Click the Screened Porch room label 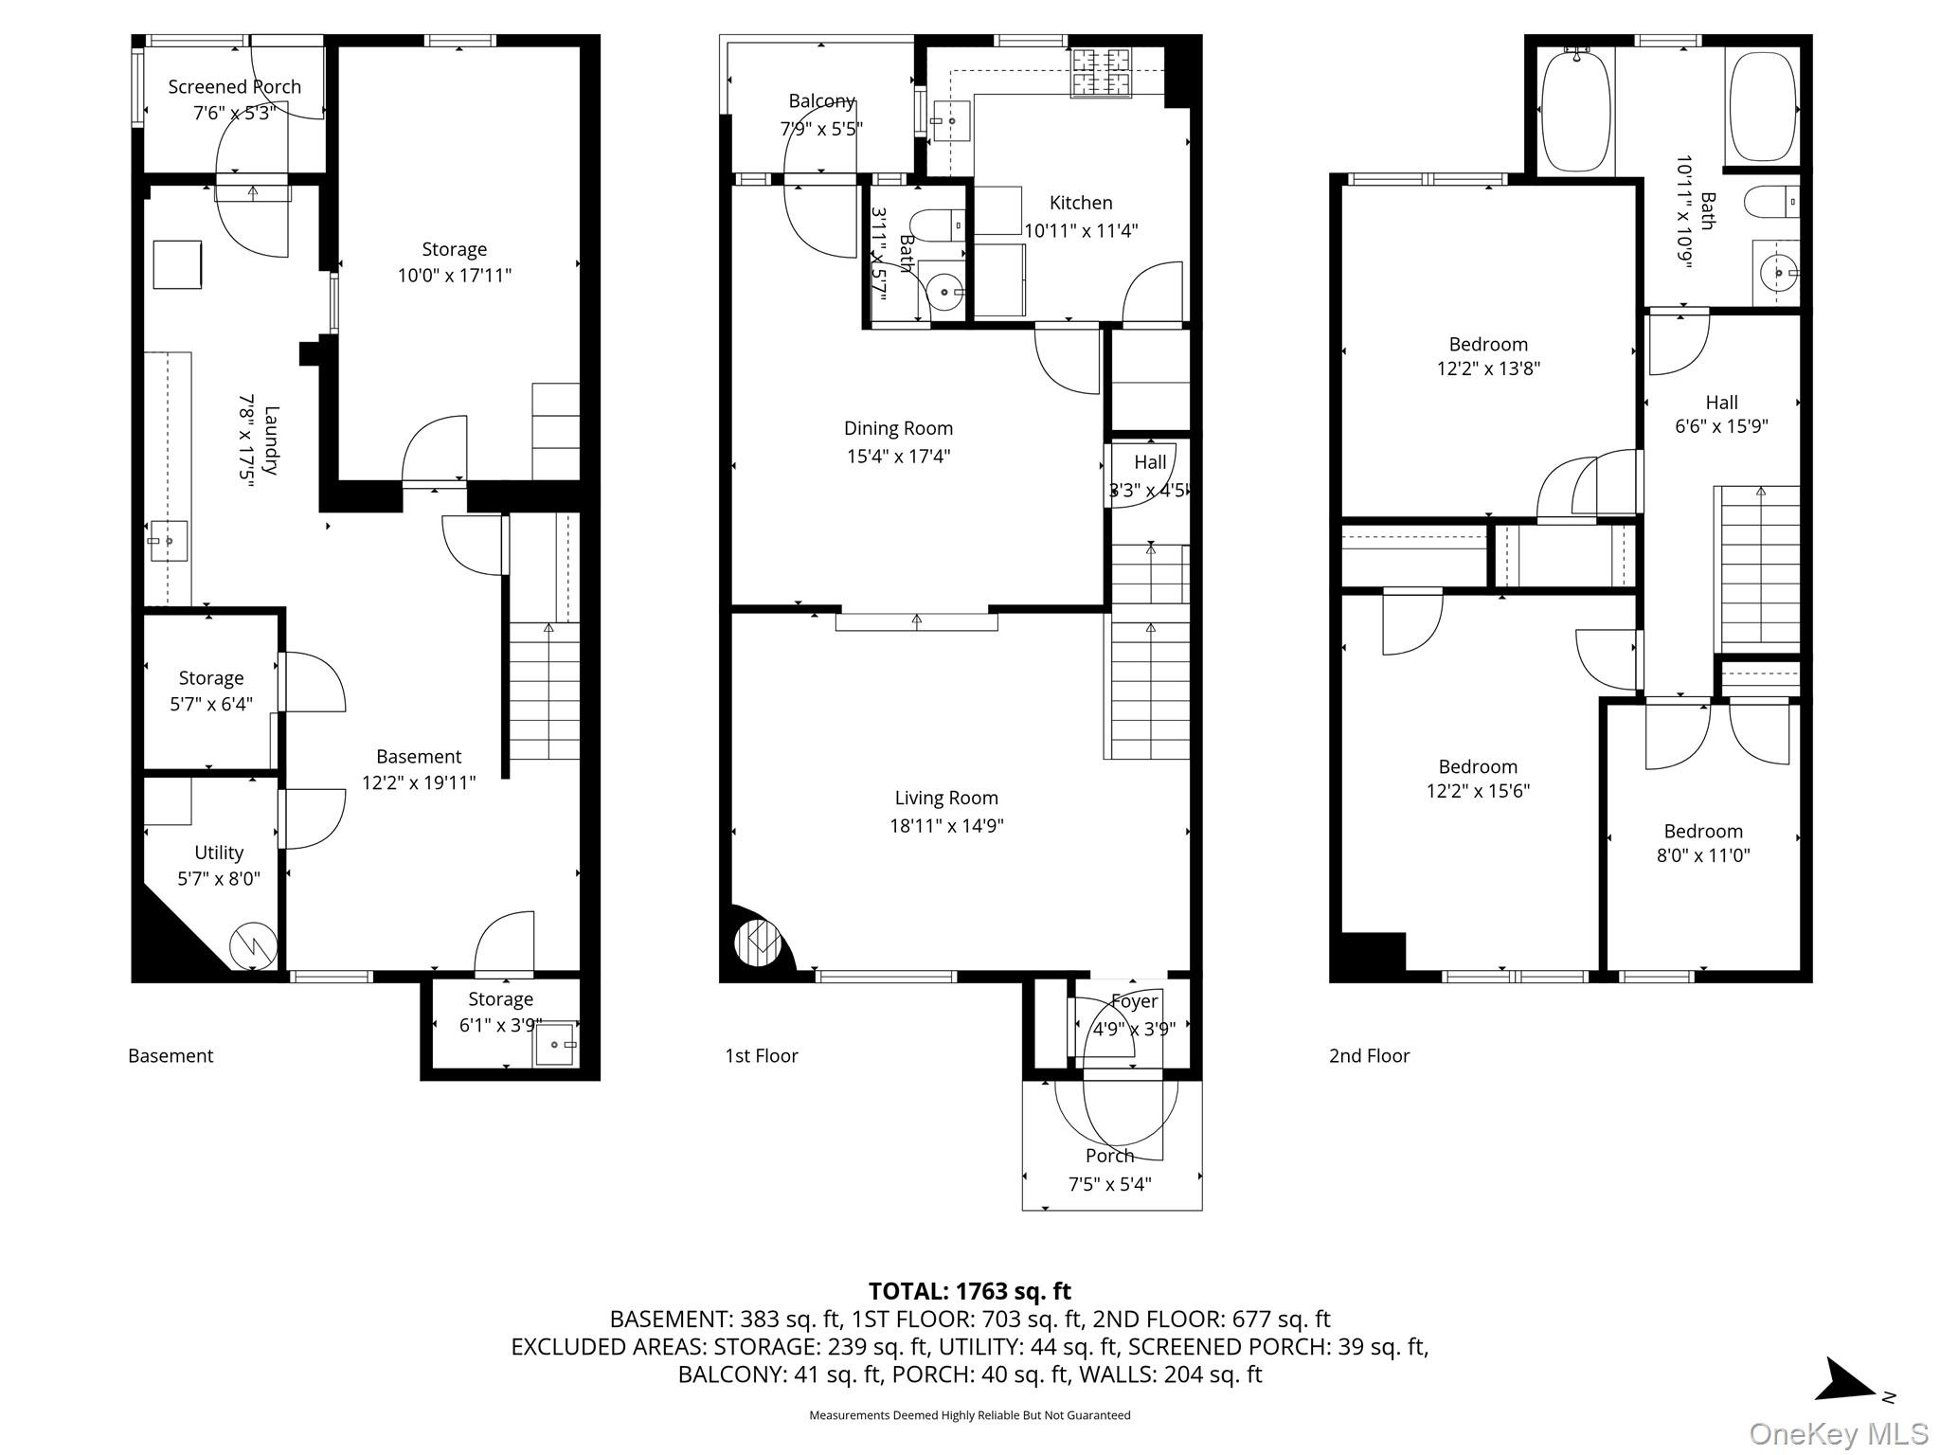(234, 86)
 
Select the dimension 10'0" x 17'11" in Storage (454, 276)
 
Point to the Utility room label (219, 853)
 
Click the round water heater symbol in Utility (253, 944)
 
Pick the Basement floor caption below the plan (171, 1055)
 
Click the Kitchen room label (1081, 203)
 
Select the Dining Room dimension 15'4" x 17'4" (898, 456)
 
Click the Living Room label (946, 799)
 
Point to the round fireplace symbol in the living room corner (758, 943)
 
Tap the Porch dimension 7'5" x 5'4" (1109, 1184)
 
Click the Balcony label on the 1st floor (821, 101)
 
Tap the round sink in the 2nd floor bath (1777, 273)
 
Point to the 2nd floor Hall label (1721, 403)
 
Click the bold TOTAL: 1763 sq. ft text (969, 1291)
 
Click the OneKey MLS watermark (1838, 1433)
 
